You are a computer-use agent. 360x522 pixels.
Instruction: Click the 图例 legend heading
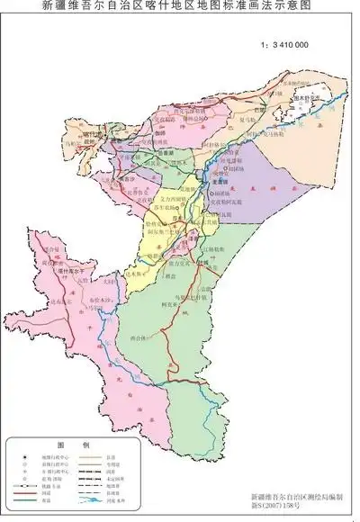[60, 445]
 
